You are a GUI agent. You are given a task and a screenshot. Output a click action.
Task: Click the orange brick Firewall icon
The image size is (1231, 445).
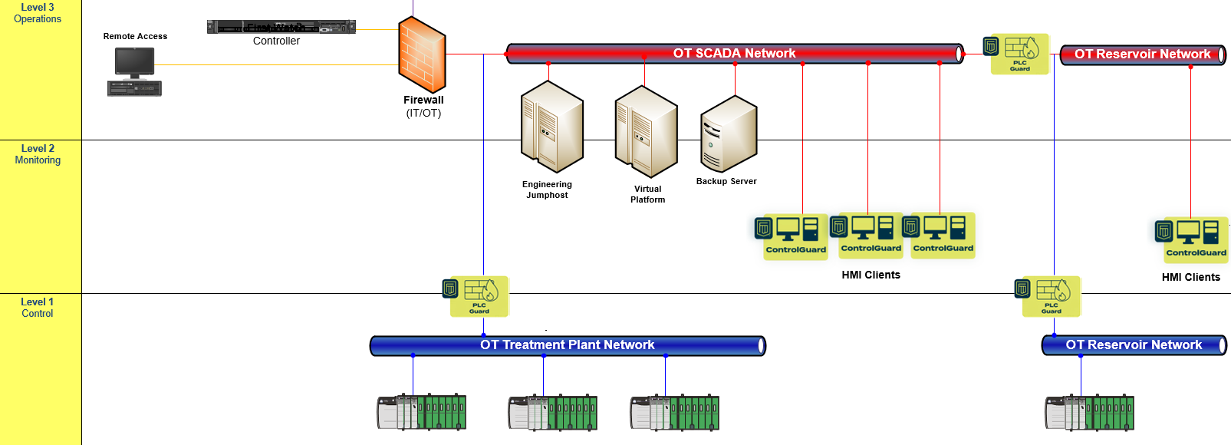422,55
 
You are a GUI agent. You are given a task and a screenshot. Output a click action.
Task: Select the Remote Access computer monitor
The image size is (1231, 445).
135,62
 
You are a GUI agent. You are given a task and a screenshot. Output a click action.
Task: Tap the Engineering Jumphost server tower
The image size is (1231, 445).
551,127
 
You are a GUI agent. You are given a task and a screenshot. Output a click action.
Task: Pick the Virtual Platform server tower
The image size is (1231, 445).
646,131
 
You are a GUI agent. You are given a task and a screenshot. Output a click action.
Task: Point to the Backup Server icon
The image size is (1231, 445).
729,134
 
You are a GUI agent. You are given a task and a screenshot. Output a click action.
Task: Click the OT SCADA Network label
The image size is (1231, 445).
734,53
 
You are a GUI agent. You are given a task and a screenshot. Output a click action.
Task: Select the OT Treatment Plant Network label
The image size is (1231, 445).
567,345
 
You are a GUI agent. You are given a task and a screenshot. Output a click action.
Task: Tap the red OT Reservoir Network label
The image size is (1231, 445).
1142,54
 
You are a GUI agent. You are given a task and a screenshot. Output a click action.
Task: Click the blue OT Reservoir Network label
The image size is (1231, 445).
1133,345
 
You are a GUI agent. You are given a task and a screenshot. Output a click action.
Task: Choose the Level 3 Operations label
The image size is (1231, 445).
38,13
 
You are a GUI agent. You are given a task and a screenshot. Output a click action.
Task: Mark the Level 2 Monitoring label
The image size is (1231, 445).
38,154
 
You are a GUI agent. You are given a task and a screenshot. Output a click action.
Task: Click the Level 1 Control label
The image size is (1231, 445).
38,308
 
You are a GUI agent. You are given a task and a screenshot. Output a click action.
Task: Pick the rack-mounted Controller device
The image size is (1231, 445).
281,28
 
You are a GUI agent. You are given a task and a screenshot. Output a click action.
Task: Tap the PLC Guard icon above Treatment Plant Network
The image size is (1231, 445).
478,296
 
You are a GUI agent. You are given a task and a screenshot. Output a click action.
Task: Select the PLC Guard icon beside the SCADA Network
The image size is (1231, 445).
1019,54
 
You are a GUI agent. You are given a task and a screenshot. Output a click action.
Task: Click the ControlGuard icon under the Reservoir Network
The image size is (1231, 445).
1194,239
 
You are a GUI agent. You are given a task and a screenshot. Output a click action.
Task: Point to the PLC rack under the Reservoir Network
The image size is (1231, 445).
1089,413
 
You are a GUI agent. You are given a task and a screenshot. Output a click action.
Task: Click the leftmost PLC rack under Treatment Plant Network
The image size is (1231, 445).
421,413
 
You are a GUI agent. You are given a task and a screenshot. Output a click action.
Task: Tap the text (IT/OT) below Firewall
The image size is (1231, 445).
423,113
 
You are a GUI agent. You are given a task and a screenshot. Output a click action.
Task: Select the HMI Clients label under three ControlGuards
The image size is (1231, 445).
871,275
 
